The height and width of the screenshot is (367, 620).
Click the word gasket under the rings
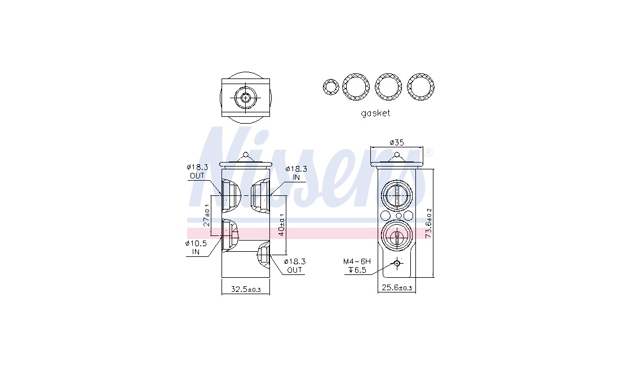375,113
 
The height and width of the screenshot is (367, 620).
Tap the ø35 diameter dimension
397,142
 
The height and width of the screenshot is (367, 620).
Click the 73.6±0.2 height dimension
428,223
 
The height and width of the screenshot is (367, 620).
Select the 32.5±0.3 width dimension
246,290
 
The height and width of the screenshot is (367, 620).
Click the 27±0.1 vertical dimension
206,215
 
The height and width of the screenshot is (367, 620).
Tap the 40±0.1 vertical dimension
281,225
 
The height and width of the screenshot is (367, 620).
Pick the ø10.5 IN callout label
196,247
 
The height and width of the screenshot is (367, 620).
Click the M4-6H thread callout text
357,261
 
